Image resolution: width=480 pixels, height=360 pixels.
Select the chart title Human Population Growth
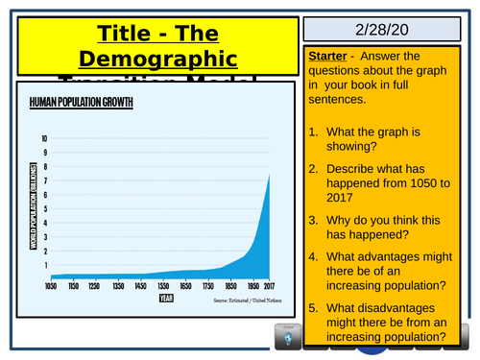(x=81, y=101)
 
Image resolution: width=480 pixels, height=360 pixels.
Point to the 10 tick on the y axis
(x=43, y=137)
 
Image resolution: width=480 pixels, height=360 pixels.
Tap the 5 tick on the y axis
(x=44, y=207)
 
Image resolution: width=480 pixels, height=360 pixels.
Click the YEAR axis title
(x=167, y=299)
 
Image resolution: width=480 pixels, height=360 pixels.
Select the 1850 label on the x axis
(x=227, y=286)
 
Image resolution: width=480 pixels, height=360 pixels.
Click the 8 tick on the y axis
(x=44, y=165)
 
